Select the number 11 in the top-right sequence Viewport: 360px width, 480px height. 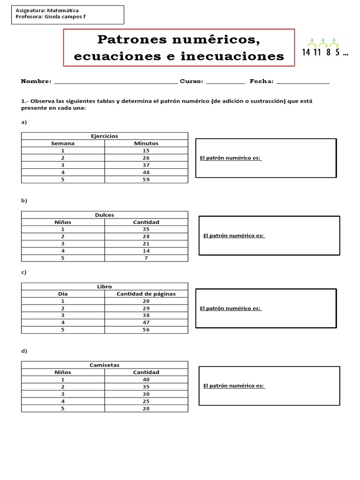pyautogui.click(x=317, y=52)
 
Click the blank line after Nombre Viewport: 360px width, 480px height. pyautogui.click(x=116, y=82)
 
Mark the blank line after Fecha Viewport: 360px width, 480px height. pyautogui.click(x=303, y=82)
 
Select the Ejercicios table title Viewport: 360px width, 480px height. pyautogui.click(x=105, y=136)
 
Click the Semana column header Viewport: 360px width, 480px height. pyautogui.click(x=63, y=143)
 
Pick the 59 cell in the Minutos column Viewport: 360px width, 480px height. pyautogui.click(x=146, y=180)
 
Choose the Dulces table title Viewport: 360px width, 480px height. pyautogui.click(x=105, y=215)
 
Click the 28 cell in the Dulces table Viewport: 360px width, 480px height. pyautogui.click(x=146, y=237)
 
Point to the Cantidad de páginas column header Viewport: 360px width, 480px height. pyautogui.click(x=146, y=294)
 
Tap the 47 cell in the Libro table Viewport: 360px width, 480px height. pyautogui.click(x=146, y=322)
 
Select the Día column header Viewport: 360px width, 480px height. pyautogui.click(x=63, y=294)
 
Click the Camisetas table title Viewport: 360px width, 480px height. pyautogui.click(x=105, y=365)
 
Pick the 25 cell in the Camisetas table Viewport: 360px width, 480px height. pyautogui.click(x=146, y=401)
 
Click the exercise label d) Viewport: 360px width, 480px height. pyautogui.click(x=24, y=351)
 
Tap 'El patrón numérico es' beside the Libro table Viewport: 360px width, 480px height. pyautogui.click(x=230, y=308)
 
